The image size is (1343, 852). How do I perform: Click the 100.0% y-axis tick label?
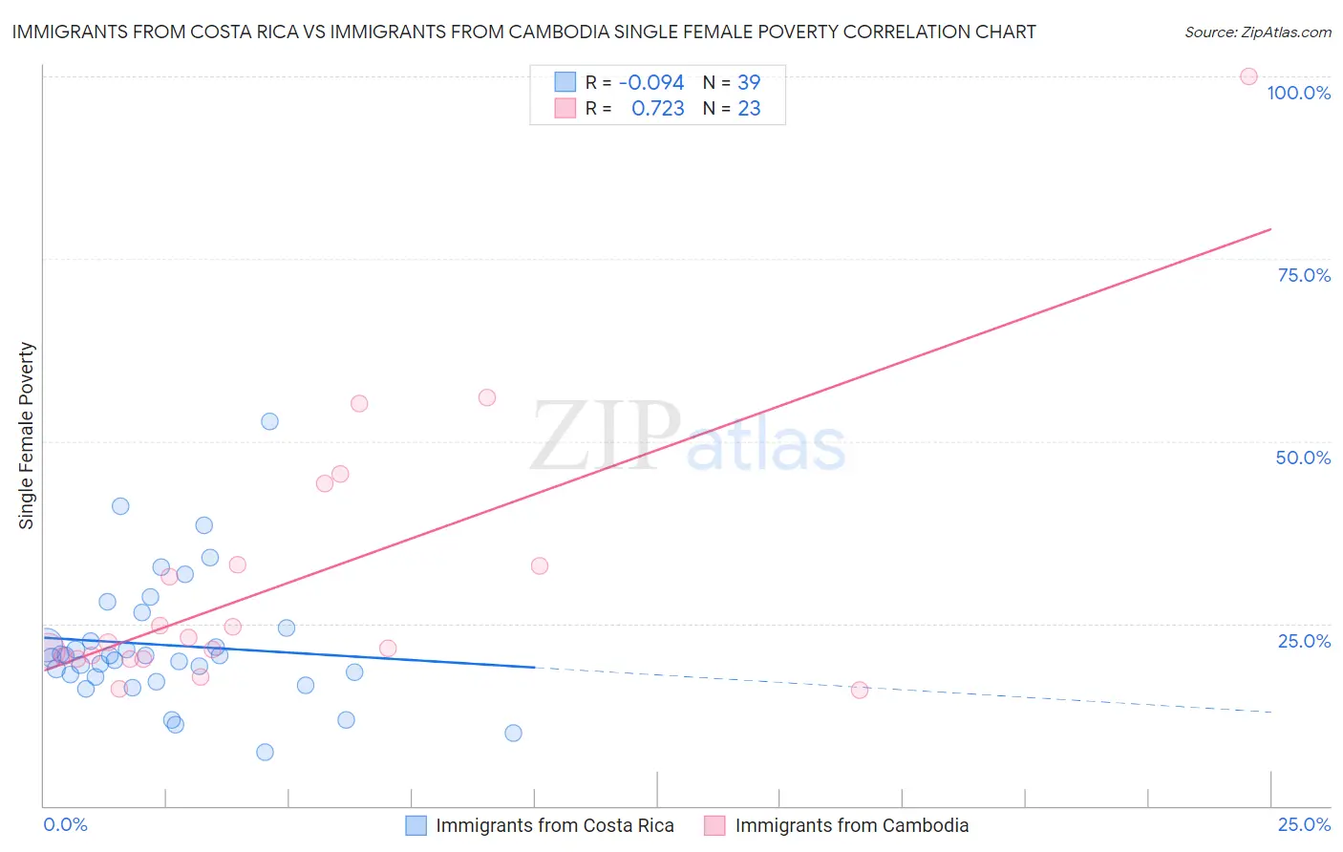pyautogui.click(x=1298, y=93)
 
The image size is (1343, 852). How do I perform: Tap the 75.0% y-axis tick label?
pyautogui.click(x=1304, y=275)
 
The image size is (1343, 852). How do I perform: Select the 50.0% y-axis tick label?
pyautogui.click(x=1303, y=458)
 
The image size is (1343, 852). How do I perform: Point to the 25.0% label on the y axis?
pyautogui.click(x=1304, y=641)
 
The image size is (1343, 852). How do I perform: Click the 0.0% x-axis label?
pyautogui.click(x=65, y=824)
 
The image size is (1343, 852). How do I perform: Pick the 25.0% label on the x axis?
pyautogui.click(x=1304, y=824)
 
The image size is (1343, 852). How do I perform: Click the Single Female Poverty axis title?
pyautogui.click(x=27, y=436)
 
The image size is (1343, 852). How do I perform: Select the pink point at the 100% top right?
pyautogui.click(x=1248, y=76)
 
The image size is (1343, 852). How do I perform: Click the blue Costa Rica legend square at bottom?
pyautogui.click(x=416, y=825)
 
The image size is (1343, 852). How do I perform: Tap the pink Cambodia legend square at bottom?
pyautogui.click(x=714, y=825)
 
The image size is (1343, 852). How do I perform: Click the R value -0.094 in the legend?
pyautogui.click(x=651, y=83)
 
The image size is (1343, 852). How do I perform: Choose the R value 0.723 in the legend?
pyautogui.click(x=658, y=109)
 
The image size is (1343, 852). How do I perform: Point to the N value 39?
pyautogui.click(x=749, y=83)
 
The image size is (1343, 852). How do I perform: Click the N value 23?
pyautogui.click(x=749, y=109)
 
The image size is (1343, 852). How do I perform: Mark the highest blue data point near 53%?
pyautogui.click(x=269, y=421)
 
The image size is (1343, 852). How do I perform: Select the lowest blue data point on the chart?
pyautogui.click(x=265, y=752)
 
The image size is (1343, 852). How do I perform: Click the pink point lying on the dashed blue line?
pyautogui.click(x=860, y=690)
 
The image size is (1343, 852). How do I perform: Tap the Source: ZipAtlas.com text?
pyautogui.click(x=1257, y=32)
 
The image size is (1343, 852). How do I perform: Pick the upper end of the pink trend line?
pyautogui.click(x=1270, y=229)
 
